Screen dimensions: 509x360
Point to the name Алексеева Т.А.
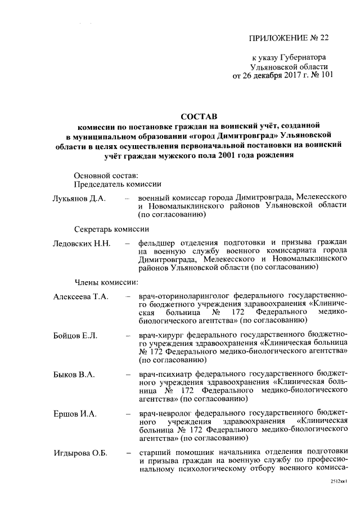[x=81, y=296]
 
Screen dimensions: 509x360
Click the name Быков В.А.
[x=74, y=375]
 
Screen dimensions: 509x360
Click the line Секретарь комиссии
[x=111, y=229]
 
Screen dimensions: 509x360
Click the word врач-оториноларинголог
[x=183, y=296]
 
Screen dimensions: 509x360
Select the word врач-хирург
[x=160, y=336]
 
